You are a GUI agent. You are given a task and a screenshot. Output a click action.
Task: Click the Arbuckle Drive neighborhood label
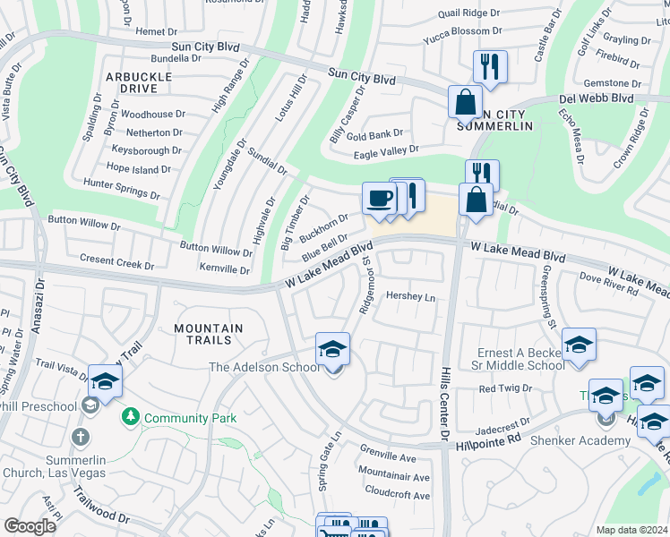click(138, 83)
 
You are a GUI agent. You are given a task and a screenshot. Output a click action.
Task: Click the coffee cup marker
click(378, 198)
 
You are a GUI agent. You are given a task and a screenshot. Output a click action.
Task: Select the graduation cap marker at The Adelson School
click(332, 349)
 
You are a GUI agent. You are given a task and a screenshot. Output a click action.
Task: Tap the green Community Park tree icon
click(132, 417)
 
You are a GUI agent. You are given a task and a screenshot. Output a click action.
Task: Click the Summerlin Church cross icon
click(80, 437)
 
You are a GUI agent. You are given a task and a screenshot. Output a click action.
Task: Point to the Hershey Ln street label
click(409, 296)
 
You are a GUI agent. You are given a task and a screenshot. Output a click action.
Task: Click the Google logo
click(30, 526)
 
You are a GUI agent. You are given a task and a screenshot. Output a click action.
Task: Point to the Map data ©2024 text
click(631, 530)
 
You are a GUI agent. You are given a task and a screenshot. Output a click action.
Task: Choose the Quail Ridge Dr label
click(468, 13)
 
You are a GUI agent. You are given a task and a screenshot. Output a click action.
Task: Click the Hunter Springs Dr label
click(121, 188)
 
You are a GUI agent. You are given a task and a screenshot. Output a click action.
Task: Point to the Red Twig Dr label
click(505, 388)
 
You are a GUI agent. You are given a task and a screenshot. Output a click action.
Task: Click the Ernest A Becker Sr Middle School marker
click(579, 346)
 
